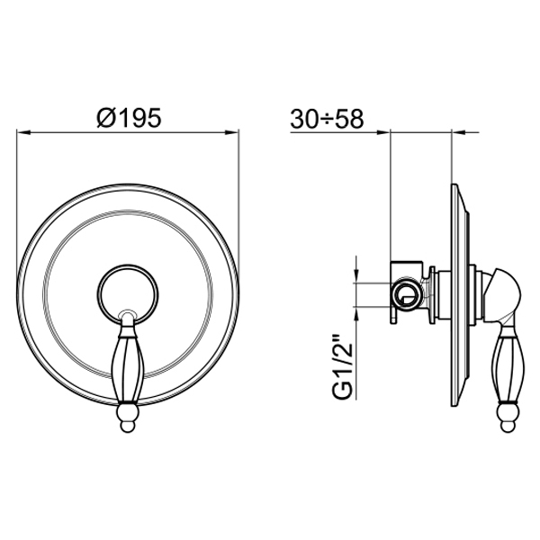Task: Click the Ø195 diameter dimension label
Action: click(x=129, y=117)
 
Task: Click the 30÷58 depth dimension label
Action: click(x=327, y=119)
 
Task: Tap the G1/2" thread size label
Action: click(x=343, y=365)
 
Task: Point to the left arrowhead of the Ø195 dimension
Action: click(x=24, y=132)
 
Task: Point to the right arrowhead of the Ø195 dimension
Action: click(x=232, y=132)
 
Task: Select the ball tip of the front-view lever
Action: click(x=128, y=417)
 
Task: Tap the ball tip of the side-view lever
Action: click(x=508, y=417)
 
